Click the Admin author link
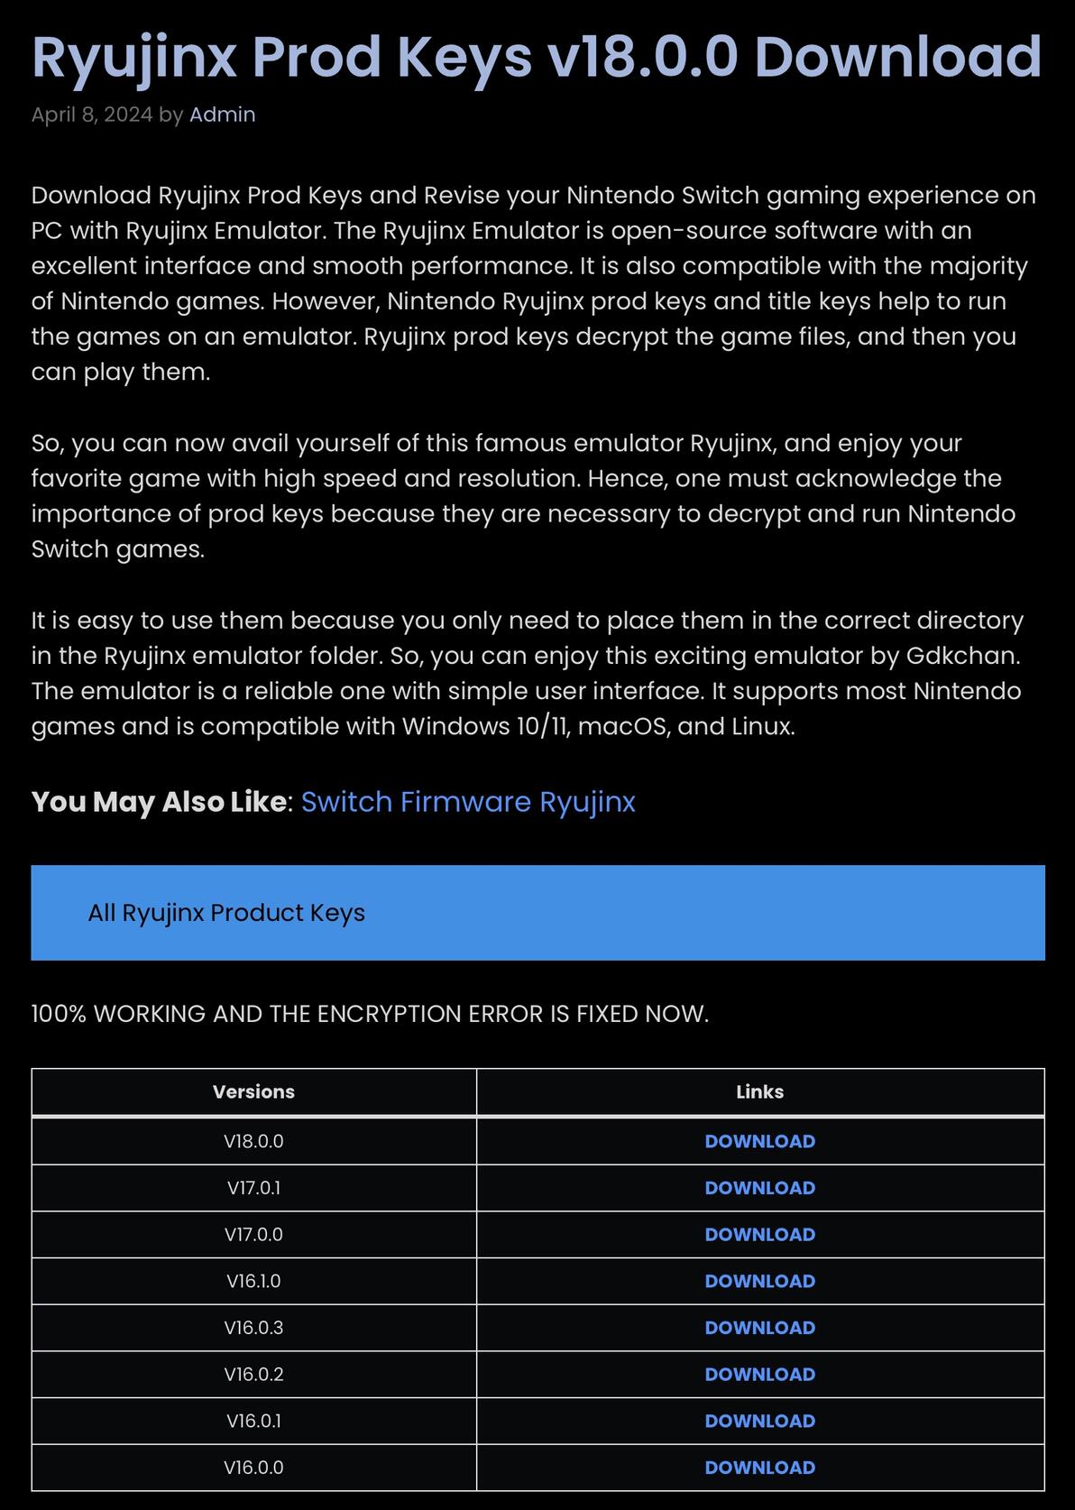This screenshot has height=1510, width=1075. pyautogui.click(x=222, y=115)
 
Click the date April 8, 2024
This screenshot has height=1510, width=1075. pyautogui.click(x=91, y=115)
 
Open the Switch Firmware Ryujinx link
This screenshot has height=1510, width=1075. pyautogui.click(x=468, y=802)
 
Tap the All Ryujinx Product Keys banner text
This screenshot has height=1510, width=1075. pyautogui.click(x=226, y=913)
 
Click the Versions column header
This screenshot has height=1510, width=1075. pyautogui.click(x=253, y=1091)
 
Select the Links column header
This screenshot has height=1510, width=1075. pyautogui.click(x=759, y=1091)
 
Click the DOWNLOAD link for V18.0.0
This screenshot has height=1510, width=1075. pyautogui.click(x=759, y=1141)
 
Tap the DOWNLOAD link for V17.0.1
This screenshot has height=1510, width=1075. pyautogui.click(x=759, y=1188)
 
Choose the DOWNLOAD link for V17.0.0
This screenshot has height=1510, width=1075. pyautogui.click(x=759, y=1234)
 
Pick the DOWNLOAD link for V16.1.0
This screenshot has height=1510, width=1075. pyautogui.click(x=759, y=1281)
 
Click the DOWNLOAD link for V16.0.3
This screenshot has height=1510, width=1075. pyautogui.click(x=759, y=1328)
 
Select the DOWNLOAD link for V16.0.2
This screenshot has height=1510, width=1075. pyautogui.click(x=759, y=1374)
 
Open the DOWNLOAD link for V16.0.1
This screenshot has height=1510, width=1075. pyautogui.click(x=759, y=1421)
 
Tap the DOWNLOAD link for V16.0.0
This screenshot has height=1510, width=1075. pyautogui.click(x=759, y=1468)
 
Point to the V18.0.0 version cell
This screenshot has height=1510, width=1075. pyautogui.click(x=253, y=1141)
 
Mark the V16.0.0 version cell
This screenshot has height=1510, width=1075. pyautogui.click(x=253, y=1468)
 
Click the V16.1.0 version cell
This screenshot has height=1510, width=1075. pyautogui.click(x=253, y=1281)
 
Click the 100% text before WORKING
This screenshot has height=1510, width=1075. pyautogui.click(x=59, y=1014)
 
